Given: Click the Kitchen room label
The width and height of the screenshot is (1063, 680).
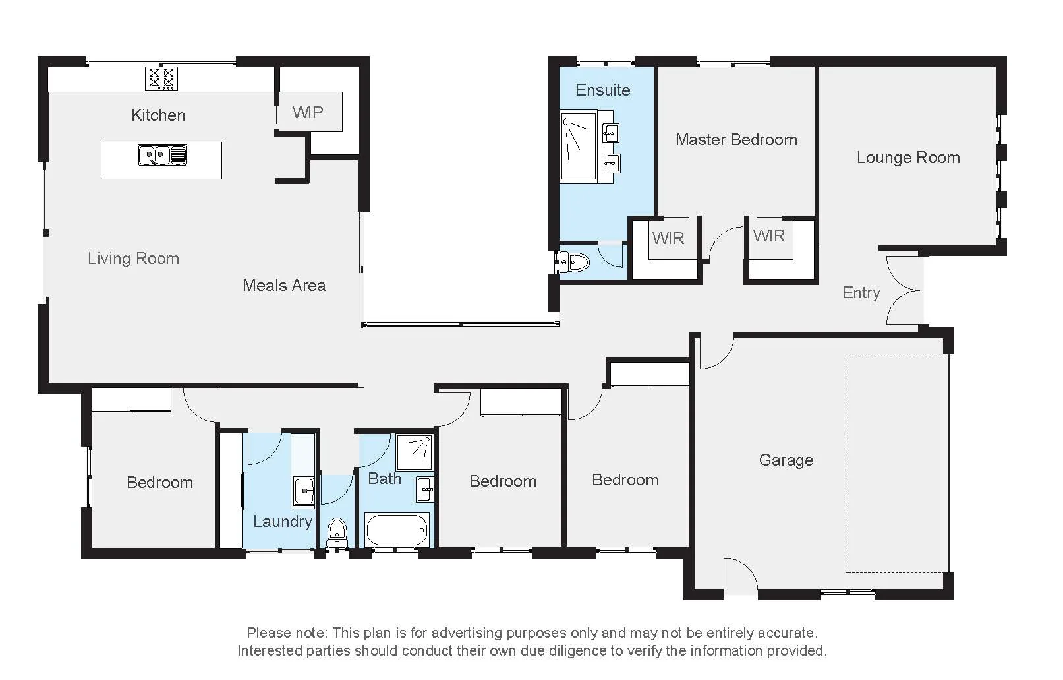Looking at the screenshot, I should tap(158, 115).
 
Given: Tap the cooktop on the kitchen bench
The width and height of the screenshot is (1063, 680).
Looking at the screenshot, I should tap(161, 78).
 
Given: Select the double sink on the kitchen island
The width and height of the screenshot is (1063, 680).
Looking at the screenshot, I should tap(162, 156).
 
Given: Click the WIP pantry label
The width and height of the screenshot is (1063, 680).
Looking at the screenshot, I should tap(308, 112).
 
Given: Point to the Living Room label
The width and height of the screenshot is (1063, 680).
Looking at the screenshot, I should tap(133, 259).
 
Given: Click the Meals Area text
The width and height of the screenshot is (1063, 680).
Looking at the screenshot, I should tap(284, 286).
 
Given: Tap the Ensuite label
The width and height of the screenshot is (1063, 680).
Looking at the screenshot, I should tap(602, 90).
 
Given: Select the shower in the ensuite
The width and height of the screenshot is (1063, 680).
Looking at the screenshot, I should tap(578, 146).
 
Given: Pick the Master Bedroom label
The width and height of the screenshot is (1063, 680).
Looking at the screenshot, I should tap(736, 140).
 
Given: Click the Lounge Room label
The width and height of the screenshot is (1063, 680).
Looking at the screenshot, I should tap(908, 158).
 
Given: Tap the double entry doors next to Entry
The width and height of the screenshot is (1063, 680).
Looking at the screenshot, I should tap(903, 290).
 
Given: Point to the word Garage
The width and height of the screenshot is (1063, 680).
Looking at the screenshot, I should tap(786, 460).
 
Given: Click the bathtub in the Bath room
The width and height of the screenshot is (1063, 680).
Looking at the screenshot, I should tap(397, 530).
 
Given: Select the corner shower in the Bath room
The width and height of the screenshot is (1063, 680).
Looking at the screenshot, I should tap(415, 452).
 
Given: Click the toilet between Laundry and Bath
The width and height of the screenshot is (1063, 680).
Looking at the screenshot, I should tap(337, 531).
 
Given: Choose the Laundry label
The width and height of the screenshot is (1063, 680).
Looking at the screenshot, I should tap(283, 522).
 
